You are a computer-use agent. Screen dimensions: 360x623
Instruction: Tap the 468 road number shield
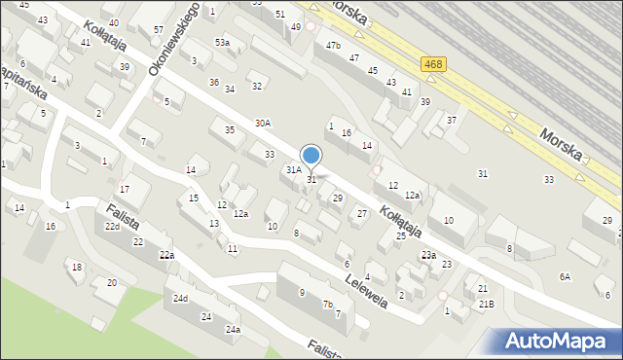coord(434,64)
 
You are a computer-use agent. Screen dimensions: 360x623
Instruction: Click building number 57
coord(158,30)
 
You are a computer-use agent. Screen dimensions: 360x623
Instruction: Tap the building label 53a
coord(223,43)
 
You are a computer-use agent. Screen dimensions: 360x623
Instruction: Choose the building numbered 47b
coord(334,46)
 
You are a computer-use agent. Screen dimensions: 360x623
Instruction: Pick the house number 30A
coord(263,124)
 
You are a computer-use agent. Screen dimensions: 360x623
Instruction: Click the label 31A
coord(293,169)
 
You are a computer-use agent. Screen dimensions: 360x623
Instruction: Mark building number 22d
coord(113,227)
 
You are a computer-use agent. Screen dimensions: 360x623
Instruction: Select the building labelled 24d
coord(180,298)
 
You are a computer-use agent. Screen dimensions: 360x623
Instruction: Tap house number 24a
coord(233,330)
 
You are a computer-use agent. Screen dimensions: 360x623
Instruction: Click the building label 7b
coord(328,305)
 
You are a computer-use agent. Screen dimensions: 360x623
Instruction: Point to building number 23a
coord(428,255)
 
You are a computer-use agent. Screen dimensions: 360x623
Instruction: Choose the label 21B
coord(486,305)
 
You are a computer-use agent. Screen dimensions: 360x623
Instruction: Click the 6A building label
coord(565,276)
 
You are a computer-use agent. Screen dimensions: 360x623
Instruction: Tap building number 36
coord(214,83)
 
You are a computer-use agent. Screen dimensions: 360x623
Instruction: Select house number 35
coord(230,129)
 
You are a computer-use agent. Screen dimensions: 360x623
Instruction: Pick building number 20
coord(112,282)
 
